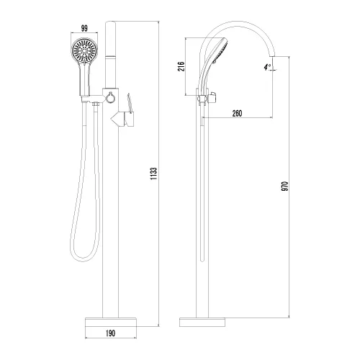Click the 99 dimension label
(x=84, y=28)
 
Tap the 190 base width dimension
(x=110, y=333)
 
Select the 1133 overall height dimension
(x=153, y=174)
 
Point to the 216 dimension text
(x=181, y=66)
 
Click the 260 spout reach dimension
(x=237, y=113)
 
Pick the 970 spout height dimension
(x=284, y=186)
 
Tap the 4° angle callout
(x=267, y=67)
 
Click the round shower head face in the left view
(x=84, y=51)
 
